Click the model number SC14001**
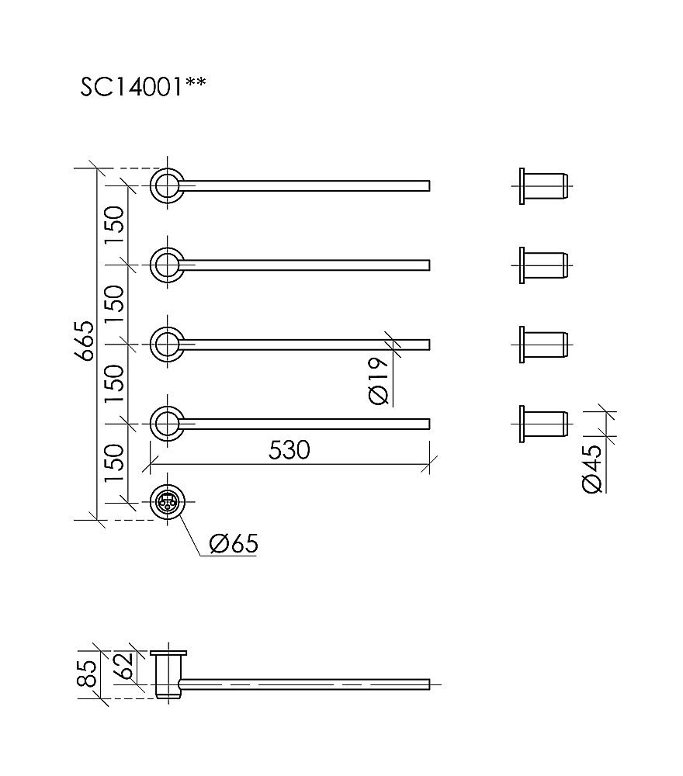143,86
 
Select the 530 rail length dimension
289,450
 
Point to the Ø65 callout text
233,543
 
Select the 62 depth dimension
124,666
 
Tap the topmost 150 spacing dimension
114,225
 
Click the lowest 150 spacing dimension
114,463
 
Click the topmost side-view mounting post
543,185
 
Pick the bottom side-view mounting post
543,424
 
